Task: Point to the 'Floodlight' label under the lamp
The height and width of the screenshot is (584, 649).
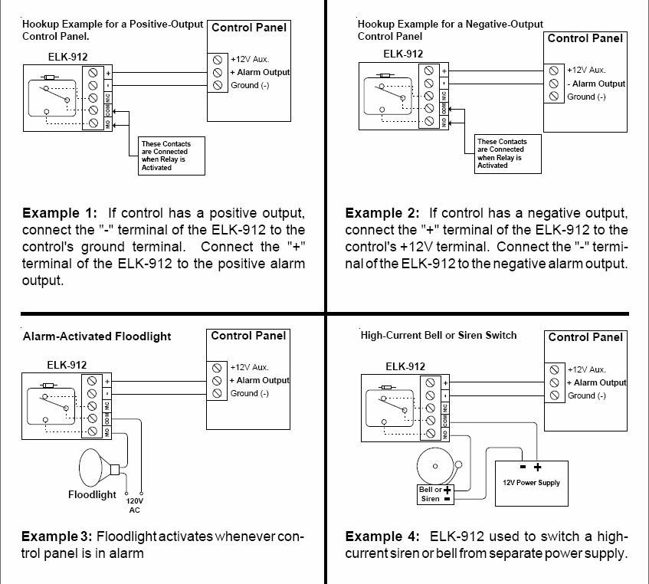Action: coord(92,494)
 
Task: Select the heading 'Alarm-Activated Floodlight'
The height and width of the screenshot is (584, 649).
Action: coord(97,336)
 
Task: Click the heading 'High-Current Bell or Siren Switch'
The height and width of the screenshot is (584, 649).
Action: coord(438,335)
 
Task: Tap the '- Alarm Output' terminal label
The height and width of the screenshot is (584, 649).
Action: coord(596,84)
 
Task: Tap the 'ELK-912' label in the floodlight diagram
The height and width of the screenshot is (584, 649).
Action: coord(67,365)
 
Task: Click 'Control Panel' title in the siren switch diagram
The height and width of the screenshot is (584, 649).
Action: coord(585,337)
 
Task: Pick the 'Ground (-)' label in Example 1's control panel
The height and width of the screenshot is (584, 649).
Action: coord(250,86)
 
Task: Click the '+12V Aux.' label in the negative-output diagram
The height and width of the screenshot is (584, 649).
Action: coord(586,70)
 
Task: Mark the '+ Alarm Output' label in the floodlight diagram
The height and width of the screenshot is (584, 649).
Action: coord(260,380)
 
